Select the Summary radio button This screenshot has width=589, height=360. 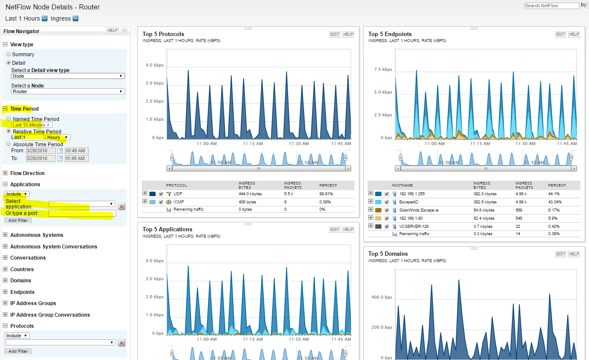click(x=9, y=54)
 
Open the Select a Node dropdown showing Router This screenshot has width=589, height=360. click(x=68, y=91)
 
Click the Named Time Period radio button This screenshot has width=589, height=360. click(x=9, y=118)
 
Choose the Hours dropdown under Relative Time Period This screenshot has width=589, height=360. click(x=58, y=137)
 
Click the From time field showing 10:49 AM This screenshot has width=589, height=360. click(x=76, y=151)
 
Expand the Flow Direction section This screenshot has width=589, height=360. click(x=5, y=173)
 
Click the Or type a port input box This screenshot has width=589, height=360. click(x=82, y=213)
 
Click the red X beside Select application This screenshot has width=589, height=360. click(x=121, y=206)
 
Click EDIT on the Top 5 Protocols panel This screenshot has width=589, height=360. click(x=335, y=34)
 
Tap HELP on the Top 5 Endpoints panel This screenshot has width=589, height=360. click(x=574, y=34)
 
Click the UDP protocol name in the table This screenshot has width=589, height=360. click(x=178, y=194)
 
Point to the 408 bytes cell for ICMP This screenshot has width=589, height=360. click(x=247, y=202)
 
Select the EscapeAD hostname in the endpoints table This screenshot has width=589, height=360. click(x=409, y=202)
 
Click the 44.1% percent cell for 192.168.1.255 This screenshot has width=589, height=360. click(x=554, y=194)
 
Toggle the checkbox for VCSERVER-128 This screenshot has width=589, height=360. click(x=386, y=226)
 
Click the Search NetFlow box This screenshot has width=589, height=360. click(x=552, y=6)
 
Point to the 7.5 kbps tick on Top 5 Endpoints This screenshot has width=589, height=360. click(x=383, y=70)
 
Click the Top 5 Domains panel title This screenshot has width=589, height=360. click(x=388, y=254)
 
